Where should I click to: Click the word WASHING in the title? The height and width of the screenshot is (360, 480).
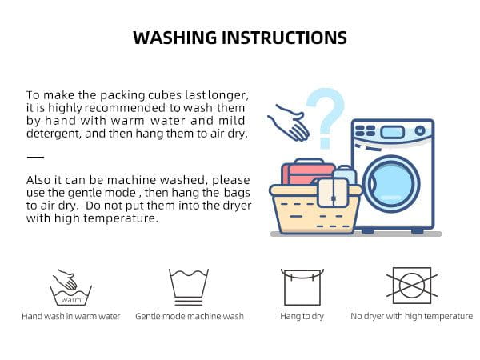point(174,38)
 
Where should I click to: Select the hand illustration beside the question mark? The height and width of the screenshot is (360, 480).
point(289,122)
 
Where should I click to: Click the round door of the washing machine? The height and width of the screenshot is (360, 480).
point(391,184)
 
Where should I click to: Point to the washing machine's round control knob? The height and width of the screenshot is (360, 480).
point(420,130)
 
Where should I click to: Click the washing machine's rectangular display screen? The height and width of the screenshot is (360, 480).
point(393,133)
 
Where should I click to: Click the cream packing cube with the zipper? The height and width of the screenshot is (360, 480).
point(333,192)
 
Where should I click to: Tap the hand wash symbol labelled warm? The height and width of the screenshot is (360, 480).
point(70,287)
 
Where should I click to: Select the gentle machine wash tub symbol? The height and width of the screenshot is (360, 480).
point(189,287)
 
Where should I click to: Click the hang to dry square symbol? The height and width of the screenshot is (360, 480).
point(302,287)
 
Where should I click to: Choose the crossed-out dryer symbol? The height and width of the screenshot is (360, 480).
point(412,286)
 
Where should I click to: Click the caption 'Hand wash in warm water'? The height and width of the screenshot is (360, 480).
point(70,316)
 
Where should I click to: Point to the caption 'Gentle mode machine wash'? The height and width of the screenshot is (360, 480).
point(190,316)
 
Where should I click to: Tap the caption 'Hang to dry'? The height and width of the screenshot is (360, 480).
point(302,316)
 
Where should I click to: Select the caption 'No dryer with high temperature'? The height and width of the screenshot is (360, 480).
point(412,316)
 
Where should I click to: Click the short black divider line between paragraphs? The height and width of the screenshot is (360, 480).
point(35,158)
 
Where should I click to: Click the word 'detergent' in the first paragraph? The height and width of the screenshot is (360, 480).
point(54,134)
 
